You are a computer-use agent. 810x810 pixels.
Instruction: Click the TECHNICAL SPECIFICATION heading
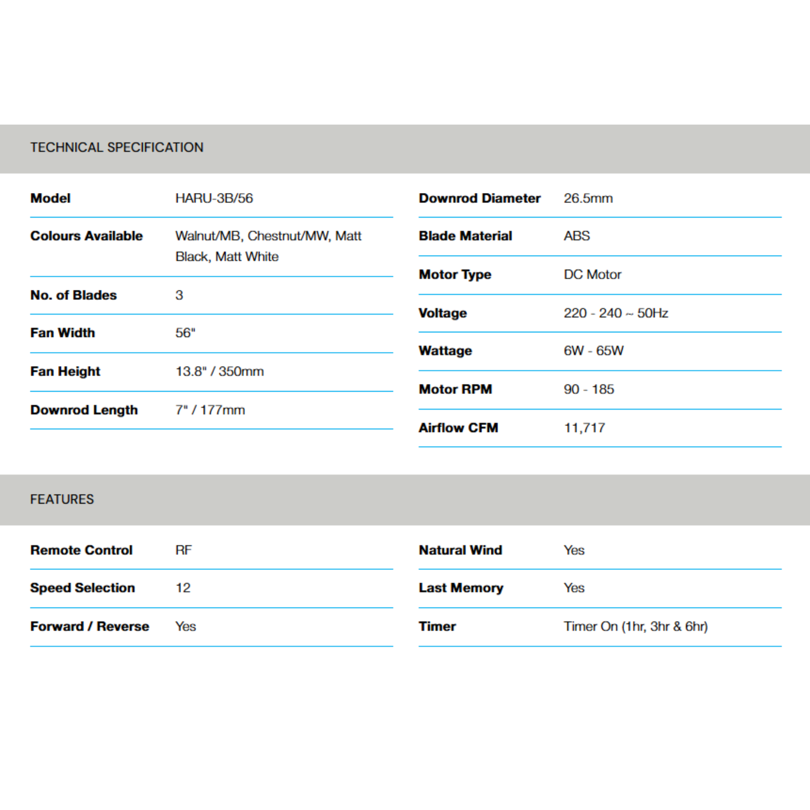117,148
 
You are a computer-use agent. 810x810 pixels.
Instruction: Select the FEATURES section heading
62,500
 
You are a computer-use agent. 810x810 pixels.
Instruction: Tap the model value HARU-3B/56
214,198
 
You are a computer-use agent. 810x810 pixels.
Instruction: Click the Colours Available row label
86,236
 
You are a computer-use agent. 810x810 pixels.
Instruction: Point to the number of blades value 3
179,295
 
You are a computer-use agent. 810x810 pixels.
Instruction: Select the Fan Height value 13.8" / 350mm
219,371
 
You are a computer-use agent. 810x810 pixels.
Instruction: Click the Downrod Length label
84,410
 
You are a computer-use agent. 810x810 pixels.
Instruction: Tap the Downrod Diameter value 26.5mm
588,198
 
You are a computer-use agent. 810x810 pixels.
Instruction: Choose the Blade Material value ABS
577,236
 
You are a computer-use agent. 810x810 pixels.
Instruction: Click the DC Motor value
592,274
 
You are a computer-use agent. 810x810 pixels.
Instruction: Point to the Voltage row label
442,313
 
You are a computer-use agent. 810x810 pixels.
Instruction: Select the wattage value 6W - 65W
593,350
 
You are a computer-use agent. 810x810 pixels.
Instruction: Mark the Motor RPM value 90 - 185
589,389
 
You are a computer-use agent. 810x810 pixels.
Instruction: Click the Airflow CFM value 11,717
585,428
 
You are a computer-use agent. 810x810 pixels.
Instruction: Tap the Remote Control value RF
183,550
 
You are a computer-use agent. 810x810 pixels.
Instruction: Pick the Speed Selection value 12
183,588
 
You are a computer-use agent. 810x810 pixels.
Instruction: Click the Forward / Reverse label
90,626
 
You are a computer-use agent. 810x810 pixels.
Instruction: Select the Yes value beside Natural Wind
574,550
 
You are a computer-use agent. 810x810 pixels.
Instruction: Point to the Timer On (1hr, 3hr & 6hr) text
635,626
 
